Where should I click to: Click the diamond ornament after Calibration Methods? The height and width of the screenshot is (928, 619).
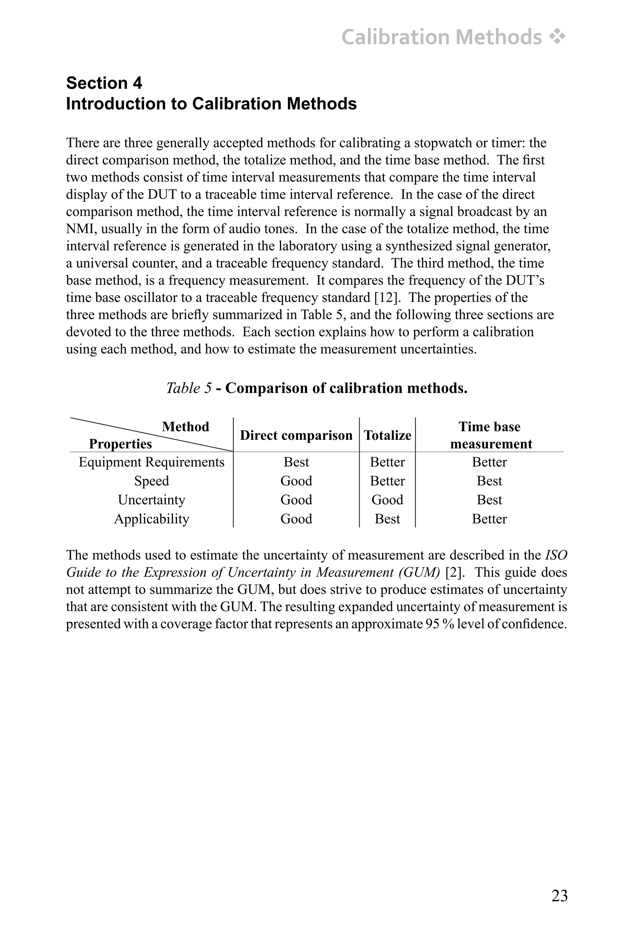click(557, 37)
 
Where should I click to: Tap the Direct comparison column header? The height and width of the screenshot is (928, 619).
click(296, 435)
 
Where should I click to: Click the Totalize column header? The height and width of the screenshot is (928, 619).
click(387, 435)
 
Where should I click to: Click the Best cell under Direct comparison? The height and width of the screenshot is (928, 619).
click(296, 462)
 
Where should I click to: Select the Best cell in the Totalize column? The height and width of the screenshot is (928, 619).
click(387, 519)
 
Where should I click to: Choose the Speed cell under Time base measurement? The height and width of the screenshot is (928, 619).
click(490, 481)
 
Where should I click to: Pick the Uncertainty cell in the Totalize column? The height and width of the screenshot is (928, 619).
click(387, 500)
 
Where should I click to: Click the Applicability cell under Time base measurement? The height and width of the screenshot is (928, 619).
click(490, 519)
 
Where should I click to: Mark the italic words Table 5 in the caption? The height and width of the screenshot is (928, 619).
click(189, 388)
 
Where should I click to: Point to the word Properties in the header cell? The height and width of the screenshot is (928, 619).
click(120, 444)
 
